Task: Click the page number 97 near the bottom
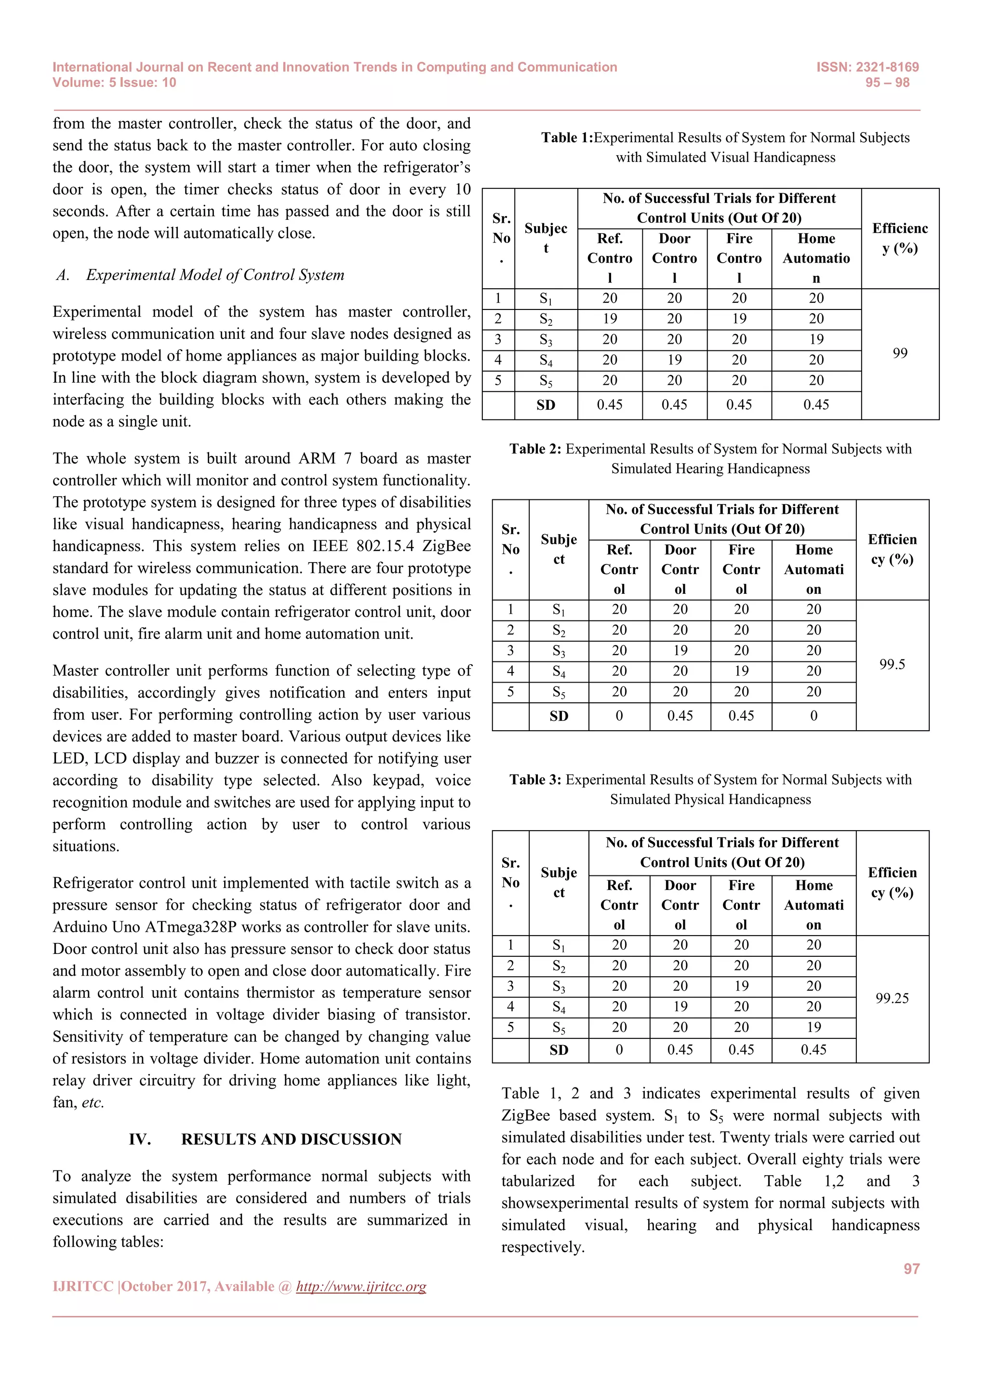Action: click(x=911, y=1269)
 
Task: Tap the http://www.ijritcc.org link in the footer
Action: click(x=361, y=1287)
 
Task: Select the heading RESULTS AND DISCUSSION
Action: click(x=291, y=1140)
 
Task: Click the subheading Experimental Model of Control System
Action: click(x=214, y=275)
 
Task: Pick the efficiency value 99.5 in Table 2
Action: click(x=892, y=665)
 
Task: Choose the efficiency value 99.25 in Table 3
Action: click(x=892, y=998)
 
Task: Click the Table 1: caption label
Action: click(x=567, y=138)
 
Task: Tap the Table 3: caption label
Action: click(x=535, y=780)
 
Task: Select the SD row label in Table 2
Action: click(x=559, y=716)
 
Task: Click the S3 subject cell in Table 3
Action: click(x=559, y=987)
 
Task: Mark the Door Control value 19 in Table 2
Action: click(x=680, y=651)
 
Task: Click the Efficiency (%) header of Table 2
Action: click(x=892, y=549)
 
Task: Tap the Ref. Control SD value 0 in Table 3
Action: click(x=619, y=1050)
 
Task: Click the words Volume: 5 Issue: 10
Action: click(x=114, y=83)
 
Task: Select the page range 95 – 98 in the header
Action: click(x=887, y=83)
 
